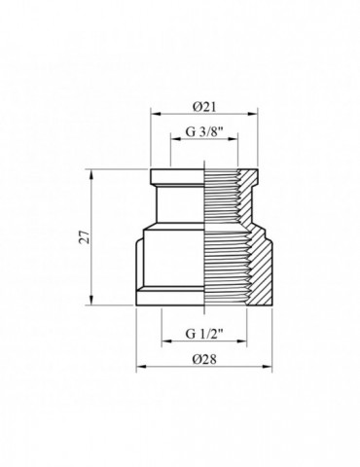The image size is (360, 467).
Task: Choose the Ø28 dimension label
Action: tap(204, 358)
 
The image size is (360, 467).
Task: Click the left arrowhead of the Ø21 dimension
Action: tap(153, 113)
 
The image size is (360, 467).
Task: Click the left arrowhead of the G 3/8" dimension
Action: tap(173, 137)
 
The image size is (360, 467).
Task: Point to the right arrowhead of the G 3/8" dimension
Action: tap(235, 137)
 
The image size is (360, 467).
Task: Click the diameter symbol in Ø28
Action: tap(195, 358)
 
